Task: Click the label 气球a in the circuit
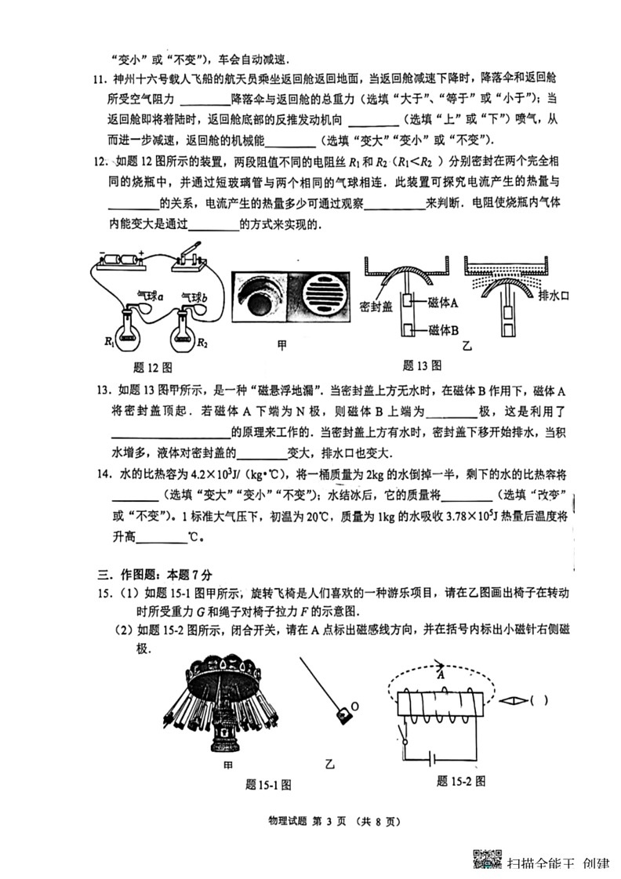148,296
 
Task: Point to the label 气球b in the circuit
194,297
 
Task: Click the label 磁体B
443,330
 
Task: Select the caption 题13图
422,365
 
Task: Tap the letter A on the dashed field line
441,674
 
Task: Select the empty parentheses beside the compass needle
539,700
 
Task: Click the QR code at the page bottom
485,860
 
